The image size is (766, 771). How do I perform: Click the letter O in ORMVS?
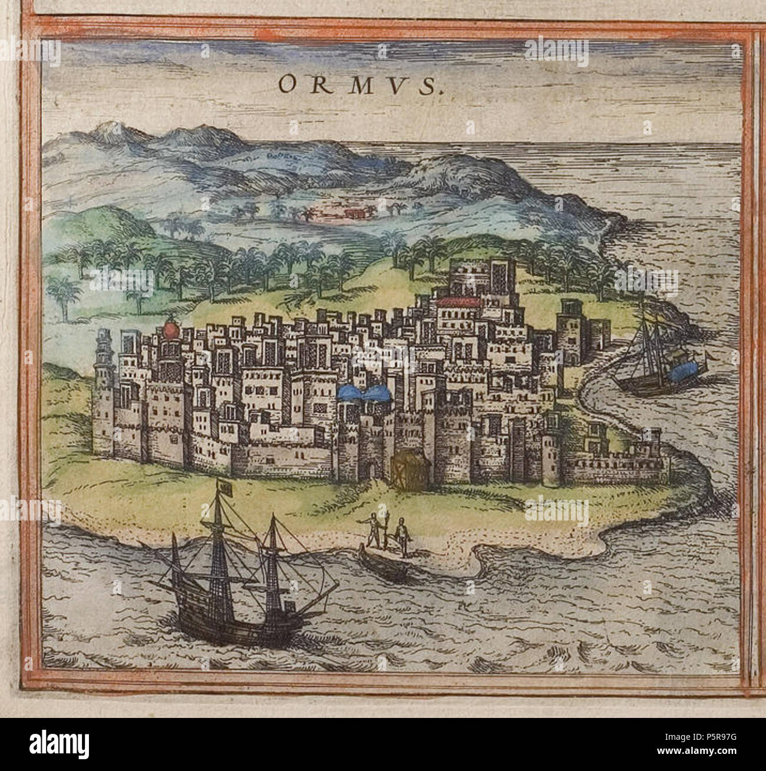(287, 86)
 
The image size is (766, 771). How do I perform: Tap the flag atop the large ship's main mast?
(224, 489)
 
